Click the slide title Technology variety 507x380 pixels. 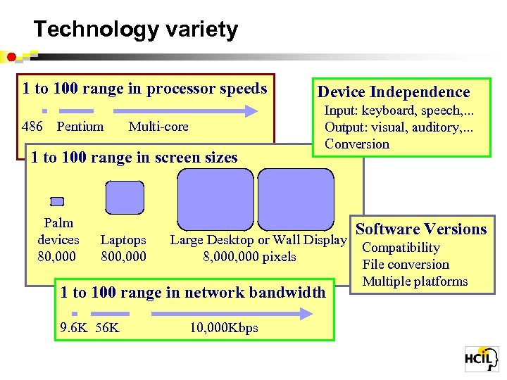coord(136,30)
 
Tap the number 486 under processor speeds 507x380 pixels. coord(32,127)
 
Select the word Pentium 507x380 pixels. coord(80,127)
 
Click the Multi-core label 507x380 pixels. coord(158,127)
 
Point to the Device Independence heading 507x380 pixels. coord(394,91)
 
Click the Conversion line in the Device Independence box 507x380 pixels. coord(356,144)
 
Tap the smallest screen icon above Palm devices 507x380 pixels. coord(57,201)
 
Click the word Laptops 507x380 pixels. coord(123,240)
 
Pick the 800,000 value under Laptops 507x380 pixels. coord(124,257)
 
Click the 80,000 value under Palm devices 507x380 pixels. coord(58,255)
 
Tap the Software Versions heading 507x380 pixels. coord(421,229)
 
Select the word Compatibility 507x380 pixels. coord(401,248)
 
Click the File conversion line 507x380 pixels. coord(406,265)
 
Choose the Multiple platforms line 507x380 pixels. coord(415,281)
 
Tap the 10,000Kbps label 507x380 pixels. coord(224,328)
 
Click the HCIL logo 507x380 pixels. coord(482,359)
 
